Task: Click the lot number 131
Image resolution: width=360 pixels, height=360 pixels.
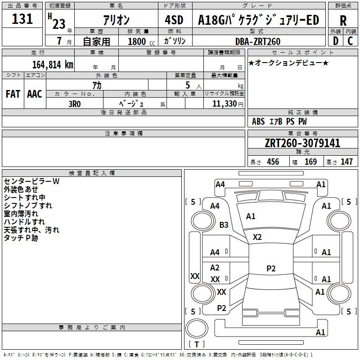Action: pos(22,18)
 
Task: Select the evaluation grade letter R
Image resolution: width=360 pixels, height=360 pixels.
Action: pos(343,21)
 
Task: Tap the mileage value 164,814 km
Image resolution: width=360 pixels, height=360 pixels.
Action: pos(53,65)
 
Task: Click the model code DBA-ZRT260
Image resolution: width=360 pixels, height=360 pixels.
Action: pos(258,41)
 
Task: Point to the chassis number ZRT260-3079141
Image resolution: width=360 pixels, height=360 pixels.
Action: pos(302,143)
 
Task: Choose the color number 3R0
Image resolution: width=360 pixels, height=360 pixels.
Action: pos(75,104)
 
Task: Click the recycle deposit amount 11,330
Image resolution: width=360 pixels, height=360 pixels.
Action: pos(224,103)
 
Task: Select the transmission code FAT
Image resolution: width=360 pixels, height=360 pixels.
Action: pos(13,94)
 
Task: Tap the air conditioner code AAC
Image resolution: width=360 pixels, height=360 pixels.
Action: pos(35,94)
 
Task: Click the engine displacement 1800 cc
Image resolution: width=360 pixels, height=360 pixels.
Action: pos(141,41)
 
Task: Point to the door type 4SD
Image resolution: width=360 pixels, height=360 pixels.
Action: pos(174,20)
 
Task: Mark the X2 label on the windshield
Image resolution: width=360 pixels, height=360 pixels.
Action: pos(257,237)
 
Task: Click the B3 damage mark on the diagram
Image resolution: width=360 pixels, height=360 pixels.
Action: pos(224,225)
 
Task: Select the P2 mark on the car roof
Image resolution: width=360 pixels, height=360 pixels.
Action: pos(271,268)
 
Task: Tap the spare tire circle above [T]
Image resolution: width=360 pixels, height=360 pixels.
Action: pos(197,328)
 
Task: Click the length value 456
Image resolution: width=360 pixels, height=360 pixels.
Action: pos(273,162)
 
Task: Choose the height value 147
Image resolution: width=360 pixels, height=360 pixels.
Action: pos(346,162)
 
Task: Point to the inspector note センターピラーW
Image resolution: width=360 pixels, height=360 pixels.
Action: pos(31,181)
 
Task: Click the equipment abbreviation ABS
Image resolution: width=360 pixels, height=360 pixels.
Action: pos(258,121)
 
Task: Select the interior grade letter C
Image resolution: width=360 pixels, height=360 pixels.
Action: pos(350,41)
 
